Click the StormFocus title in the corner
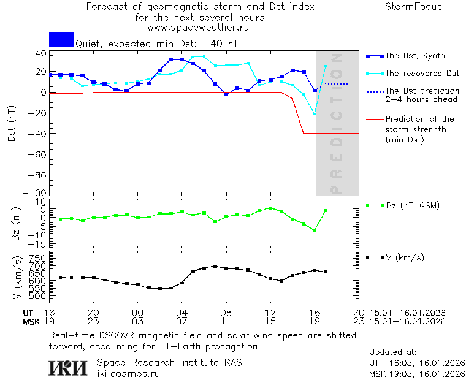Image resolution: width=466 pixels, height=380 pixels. coord(413,7)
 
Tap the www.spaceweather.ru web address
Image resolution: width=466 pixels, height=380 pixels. coord(198,28)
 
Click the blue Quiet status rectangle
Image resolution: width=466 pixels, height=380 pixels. coord(61,39)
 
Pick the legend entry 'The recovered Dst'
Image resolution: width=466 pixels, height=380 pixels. coord(422,74)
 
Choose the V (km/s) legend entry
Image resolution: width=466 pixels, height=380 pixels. coord(404,257)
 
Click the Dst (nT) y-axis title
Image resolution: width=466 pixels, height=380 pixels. coord(12,123)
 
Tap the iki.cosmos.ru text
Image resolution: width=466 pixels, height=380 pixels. coord(128,374)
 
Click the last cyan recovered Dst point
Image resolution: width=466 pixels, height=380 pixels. coord(326,66)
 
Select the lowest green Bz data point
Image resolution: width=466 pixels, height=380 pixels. coord(315,230)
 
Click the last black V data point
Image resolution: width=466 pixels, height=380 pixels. coord(326,272)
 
